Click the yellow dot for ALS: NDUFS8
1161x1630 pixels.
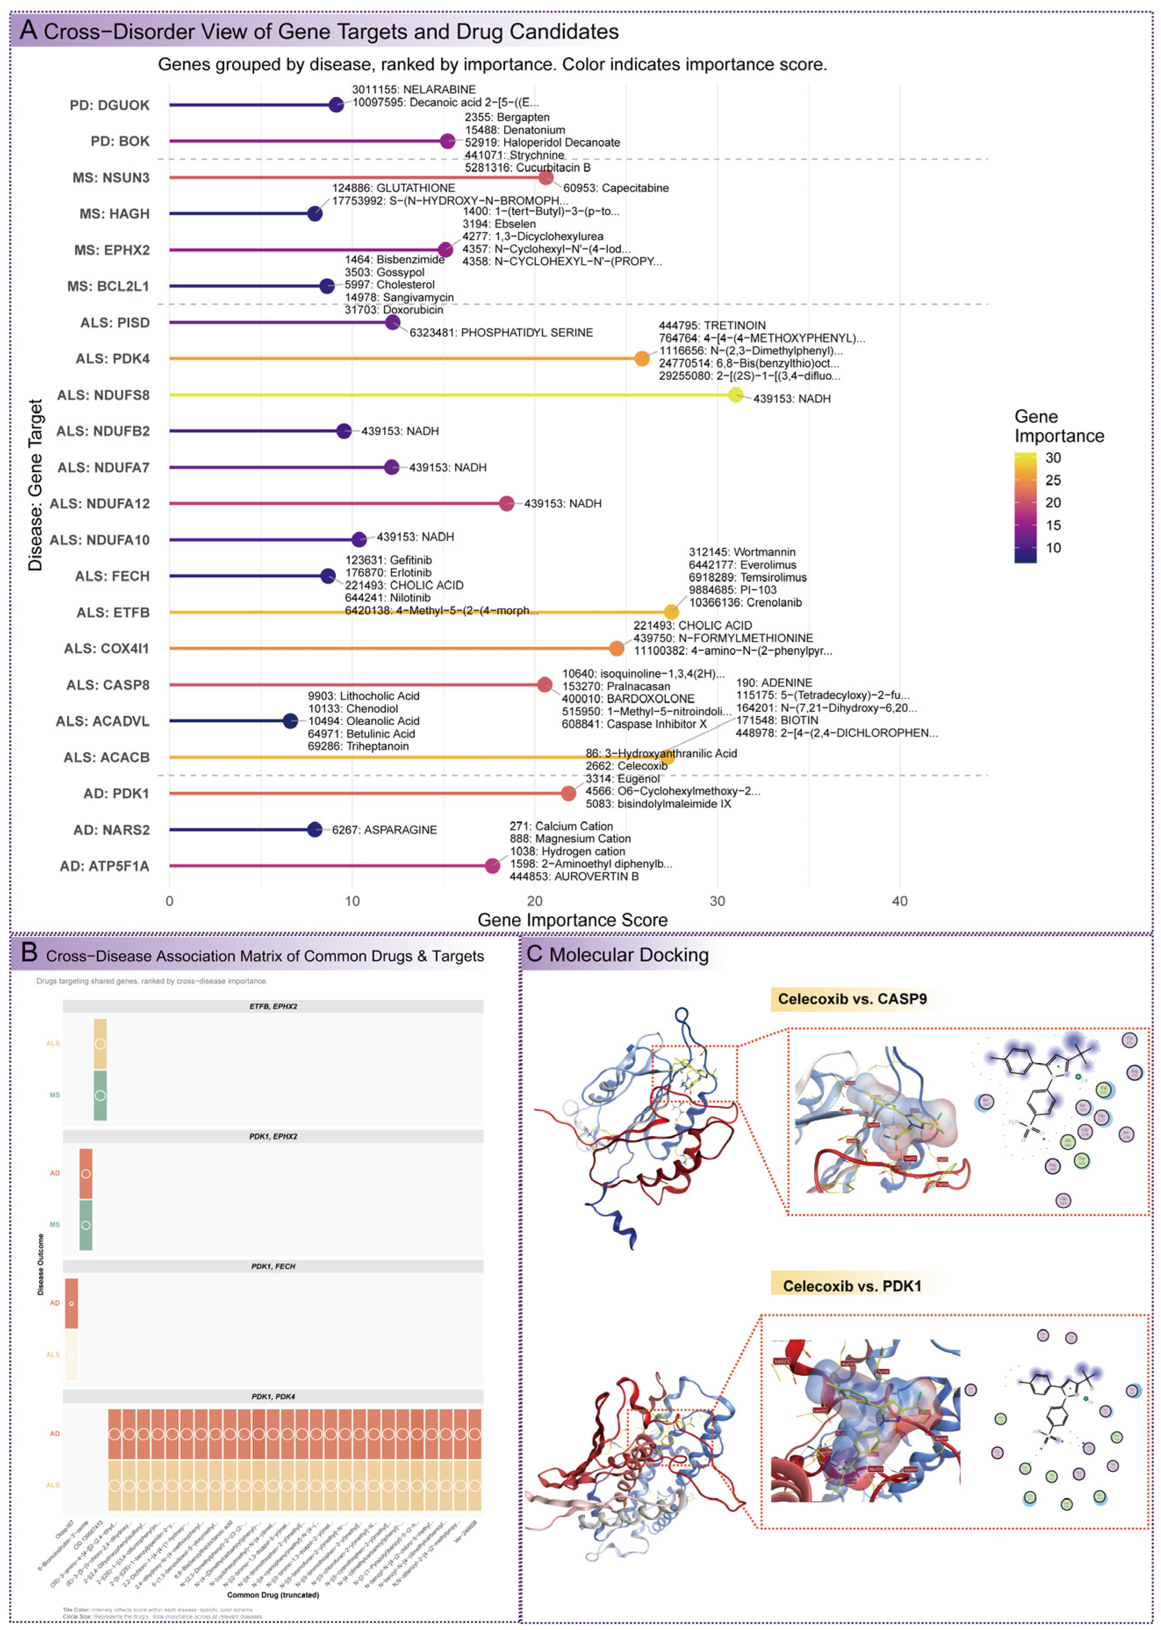[736, 395]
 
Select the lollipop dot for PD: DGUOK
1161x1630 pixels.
[336, 105]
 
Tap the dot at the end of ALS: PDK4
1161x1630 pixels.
[642, 358]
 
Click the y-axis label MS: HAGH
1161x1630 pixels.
[115, 214]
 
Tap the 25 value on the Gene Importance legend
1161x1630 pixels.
[1053, 480]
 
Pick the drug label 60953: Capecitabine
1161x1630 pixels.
[616, 188]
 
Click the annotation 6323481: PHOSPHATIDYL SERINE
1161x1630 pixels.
[501, 333]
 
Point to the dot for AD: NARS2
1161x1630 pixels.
[315, 830]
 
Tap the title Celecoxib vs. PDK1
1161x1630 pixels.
[852, 1286]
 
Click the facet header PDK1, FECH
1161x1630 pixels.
[273, 1266]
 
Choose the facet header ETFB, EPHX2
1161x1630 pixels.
[273, 1006]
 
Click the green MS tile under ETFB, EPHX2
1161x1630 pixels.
[100, 1095]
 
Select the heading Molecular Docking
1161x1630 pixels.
[629, 955]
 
